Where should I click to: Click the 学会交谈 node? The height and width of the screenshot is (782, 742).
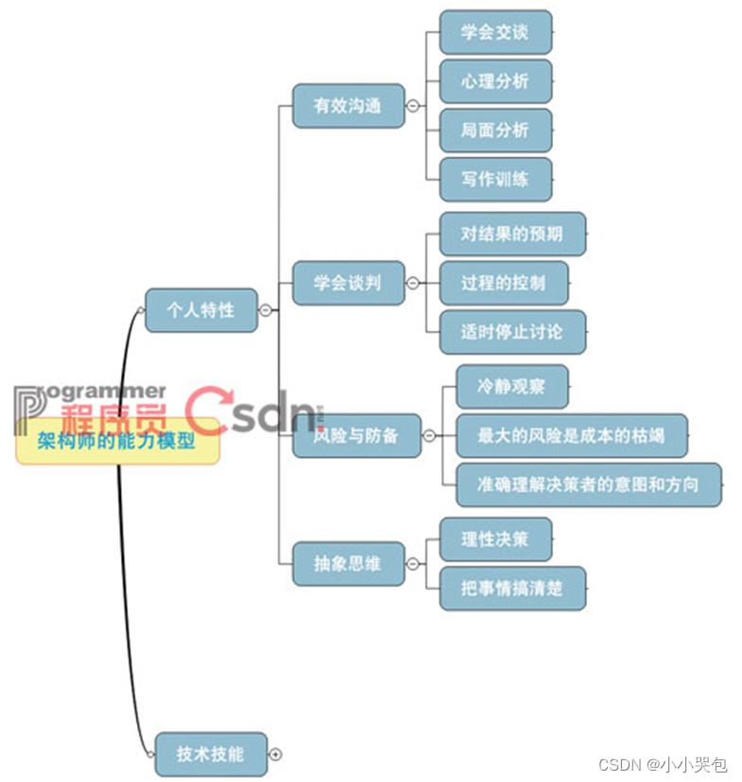(x=495, y=32)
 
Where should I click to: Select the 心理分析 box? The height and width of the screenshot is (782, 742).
(x=495, y=81)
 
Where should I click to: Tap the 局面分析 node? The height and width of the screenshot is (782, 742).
(x=495, y=130)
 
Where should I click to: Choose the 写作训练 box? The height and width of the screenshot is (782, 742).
(x=495, y=180)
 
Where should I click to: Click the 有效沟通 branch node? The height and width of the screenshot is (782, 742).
(x=348, y=106)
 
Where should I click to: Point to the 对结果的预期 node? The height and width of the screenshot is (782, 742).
(x=512, y=234)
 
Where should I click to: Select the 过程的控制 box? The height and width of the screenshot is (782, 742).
(x=504, y=283)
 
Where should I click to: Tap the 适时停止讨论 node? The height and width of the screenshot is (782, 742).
(x=512, y=332)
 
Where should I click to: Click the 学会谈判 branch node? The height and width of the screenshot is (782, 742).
(x=348, y=283)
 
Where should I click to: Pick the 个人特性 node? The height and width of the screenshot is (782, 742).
(x=200, y=309)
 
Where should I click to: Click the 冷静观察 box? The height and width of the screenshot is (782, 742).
(x=511, y=386)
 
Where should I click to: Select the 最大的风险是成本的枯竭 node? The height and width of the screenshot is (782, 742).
(x=571, y=435)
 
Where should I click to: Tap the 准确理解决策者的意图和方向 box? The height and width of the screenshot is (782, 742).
(x=588, y=484)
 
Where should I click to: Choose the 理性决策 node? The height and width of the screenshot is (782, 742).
(x=495, y=539)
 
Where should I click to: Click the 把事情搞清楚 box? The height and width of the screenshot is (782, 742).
(x=512, y=588)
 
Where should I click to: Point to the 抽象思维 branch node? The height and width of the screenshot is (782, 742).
(x=348, y=564)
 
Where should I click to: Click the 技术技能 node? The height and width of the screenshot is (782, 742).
(x=210, y=754)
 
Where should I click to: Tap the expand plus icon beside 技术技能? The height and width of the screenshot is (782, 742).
(x=276, y=755)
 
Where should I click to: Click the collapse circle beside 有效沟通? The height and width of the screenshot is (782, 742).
(x=413, y=106)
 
